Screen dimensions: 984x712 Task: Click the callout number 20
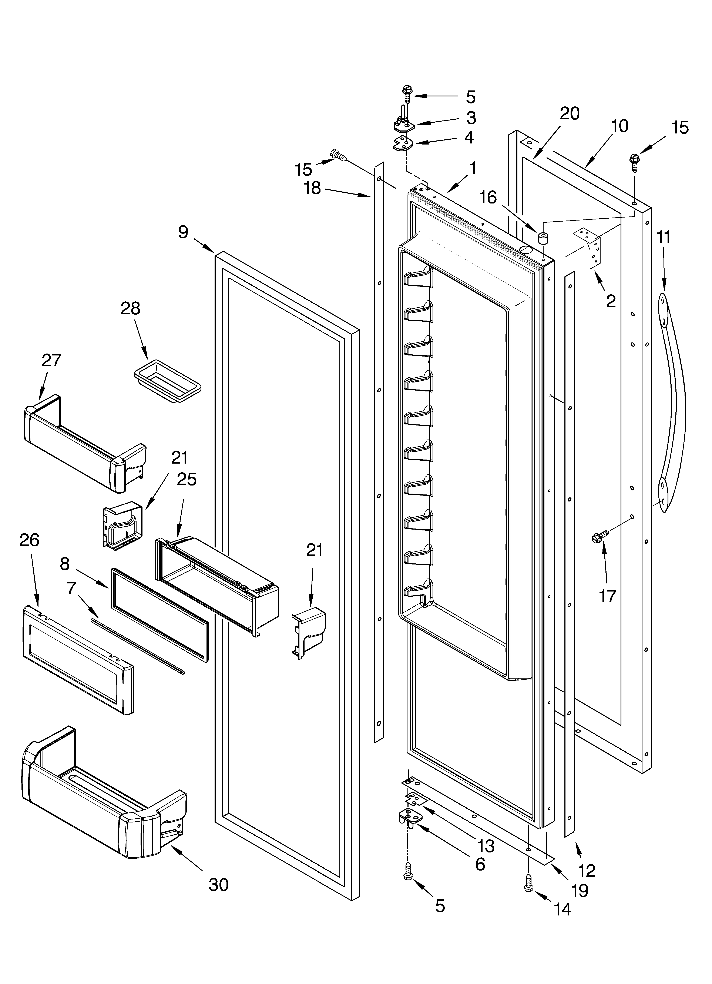click(x=569, y=114)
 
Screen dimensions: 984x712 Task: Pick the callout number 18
click(x=312, y=188)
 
